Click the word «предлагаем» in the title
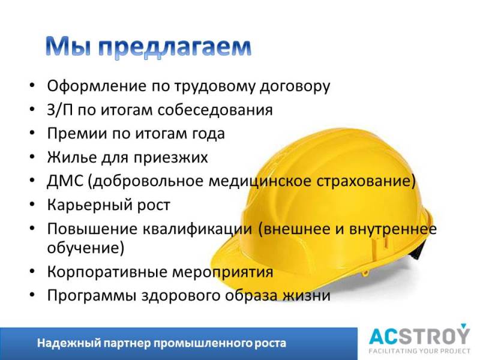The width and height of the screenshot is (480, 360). (x=175, y=48)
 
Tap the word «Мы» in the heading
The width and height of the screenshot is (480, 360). (x=69, y=47)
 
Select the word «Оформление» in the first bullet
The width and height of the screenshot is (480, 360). (x=97, y=86)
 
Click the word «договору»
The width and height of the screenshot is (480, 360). (x=295, y=87)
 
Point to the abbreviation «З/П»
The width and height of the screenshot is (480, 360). (x=60, y=110)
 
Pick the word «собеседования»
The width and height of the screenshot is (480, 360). (x=215, y=110)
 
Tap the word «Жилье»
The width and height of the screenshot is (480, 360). (x=72, y=157)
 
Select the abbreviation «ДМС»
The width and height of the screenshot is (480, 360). (x=65, y=181)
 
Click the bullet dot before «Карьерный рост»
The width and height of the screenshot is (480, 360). (x=32, y=205)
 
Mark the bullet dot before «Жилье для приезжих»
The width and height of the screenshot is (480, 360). (x=32, y=157)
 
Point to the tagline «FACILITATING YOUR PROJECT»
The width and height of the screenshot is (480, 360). (x=419, y=351)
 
